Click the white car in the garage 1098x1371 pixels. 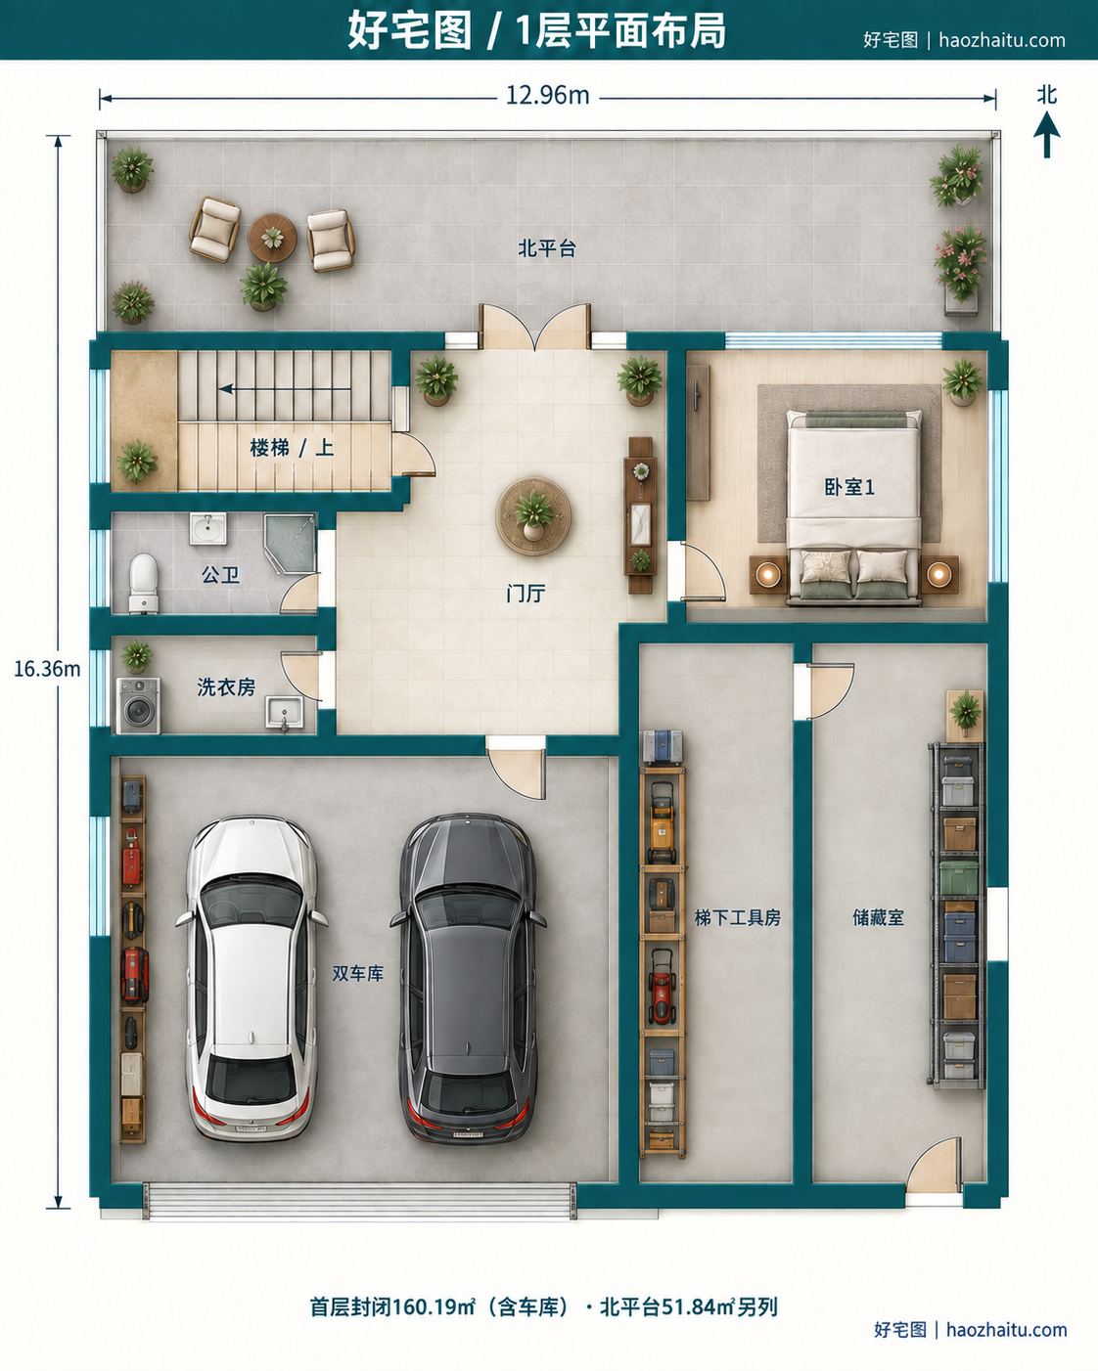[251, 977]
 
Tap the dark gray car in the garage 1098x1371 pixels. [469, 977]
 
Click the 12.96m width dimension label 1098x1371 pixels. [548, 96]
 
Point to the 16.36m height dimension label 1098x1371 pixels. [47, 669]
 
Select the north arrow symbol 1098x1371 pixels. [1046, 134]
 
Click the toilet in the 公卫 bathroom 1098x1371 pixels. [144, 583]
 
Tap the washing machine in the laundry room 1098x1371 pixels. [138, 706]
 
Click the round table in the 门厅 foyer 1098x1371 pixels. [533, 515]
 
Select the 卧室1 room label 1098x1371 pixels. [849, 487]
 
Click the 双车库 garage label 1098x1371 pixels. [358, 973]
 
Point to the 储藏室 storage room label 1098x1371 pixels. [878, 917]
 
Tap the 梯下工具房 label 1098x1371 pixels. [737, 917]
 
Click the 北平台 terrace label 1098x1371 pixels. [547, 247]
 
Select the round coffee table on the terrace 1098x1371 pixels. [272, 238]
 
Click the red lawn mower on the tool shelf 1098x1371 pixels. [663, 987]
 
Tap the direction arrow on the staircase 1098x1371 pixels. [285, 388]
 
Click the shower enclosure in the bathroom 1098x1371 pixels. [290, 543]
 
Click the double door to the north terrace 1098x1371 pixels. [534, 328]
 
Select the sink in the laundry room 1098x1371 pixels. [285, 713]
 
